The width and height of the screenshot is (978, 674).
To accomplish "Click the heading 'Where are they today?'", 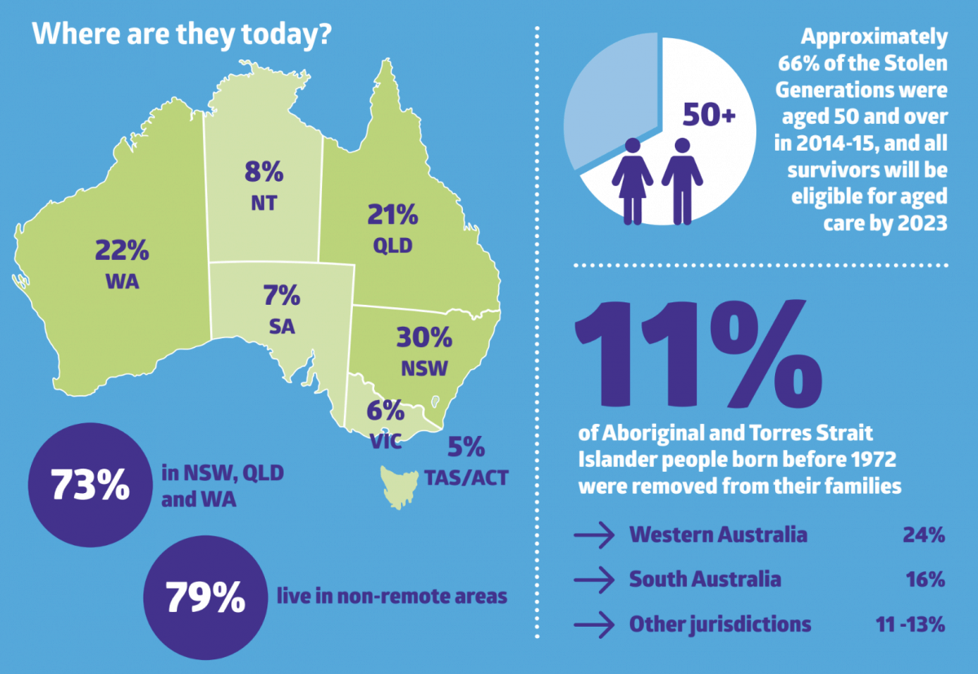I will click(x=181, y=36).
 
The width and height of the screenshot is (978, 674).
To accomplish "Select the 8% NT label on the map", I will click(x=263, y=185).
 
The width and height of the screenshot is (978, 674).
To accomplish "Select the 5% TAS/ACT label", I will click(x=466, y=460).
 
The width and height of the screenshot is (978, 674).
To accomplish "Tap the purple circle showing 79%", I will click(x=205, y=598).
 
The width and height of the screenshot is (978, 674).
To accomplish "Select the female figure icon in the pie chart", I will click(x=632, y=180).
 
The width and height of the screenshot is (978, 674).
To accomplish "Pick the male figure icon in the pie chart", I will click(x=681, y=180).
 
